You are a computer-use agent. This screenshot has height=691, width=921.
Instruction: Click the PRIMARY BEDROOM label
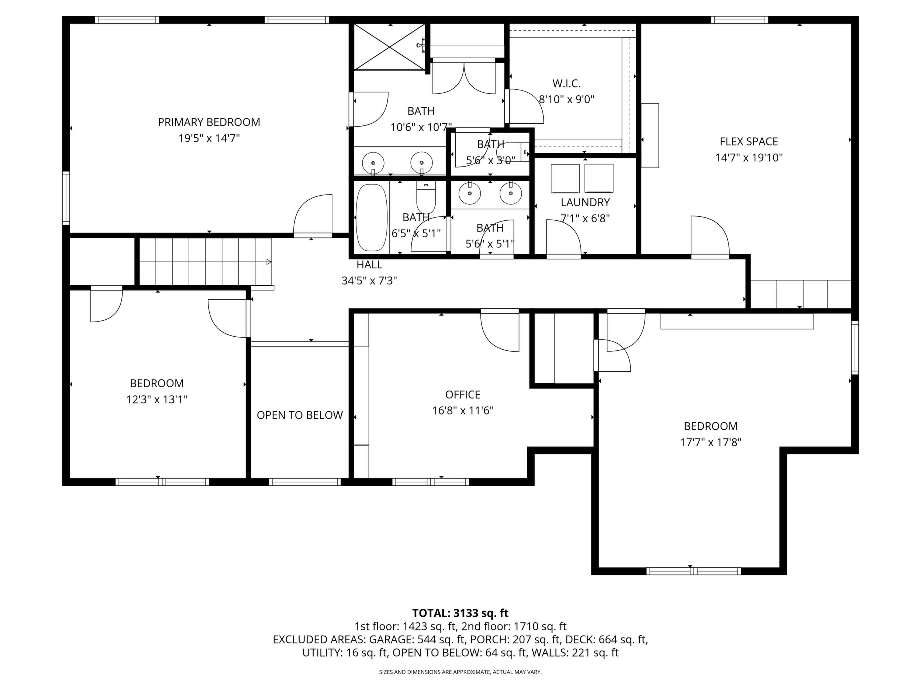pos(209,122)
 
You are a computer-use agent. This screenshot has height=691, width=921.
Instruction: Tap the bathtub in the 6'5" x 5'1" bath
pos(372,218)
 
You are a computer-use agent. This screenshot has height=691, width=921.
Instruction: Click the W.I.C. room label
pos(566,83)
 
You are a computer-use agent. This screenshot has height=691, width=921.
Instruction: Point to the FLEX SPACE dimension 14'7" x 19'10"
pos(749,158)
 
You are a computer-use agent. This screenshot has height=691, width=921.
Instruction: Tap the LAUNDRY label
pos(585,202)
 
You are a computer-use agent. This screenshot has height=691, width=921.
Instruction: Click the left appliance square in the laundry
pos(565,179)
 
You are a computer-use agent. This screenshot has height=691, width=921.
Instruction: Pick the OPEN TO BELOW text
pos(300,415)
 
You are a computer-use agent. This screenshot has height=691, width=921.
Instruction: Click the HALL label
pos(369,265)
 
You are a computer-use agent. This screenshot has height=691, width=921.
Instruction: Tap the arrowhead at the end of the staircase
pos(269,262)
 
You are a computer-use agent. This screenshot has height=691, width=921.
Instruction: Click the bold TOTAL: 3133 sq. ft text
pos(460,613)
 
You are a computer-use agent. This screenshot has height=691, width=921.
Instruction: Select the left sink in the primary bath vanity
pos(373,163)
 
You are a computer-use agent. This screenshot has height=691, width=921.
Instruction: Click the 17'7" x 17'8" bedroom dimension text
pos(711,442)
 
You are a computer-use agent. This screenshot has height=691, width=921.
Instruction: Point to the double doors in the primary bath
pos(464,78)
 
